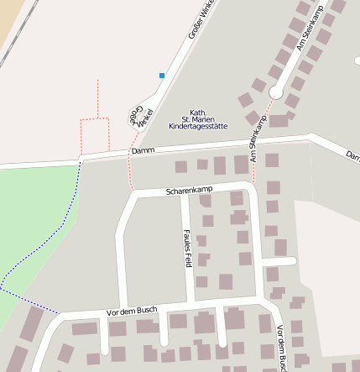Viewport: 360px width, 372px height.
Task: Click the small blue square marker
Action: point(162,76)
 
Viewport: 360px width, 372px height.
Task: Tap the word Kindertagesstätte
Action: point(198,126)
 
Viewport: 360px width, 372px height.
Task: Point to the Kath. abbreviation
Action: point(198,113)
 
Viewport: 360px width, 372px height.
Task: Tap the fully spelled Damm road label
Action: point(143,150)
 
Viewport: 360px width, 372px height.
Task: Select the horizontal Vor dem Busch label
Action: point(133,311)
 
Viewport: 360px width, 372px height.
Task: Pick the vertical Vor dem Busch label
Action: point(283,347)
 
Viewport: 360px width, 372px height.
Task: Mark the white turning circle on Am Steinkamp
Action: point(275,92)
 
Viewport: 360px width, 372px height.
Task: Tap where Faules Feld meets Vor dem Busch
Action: point(190,301)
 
